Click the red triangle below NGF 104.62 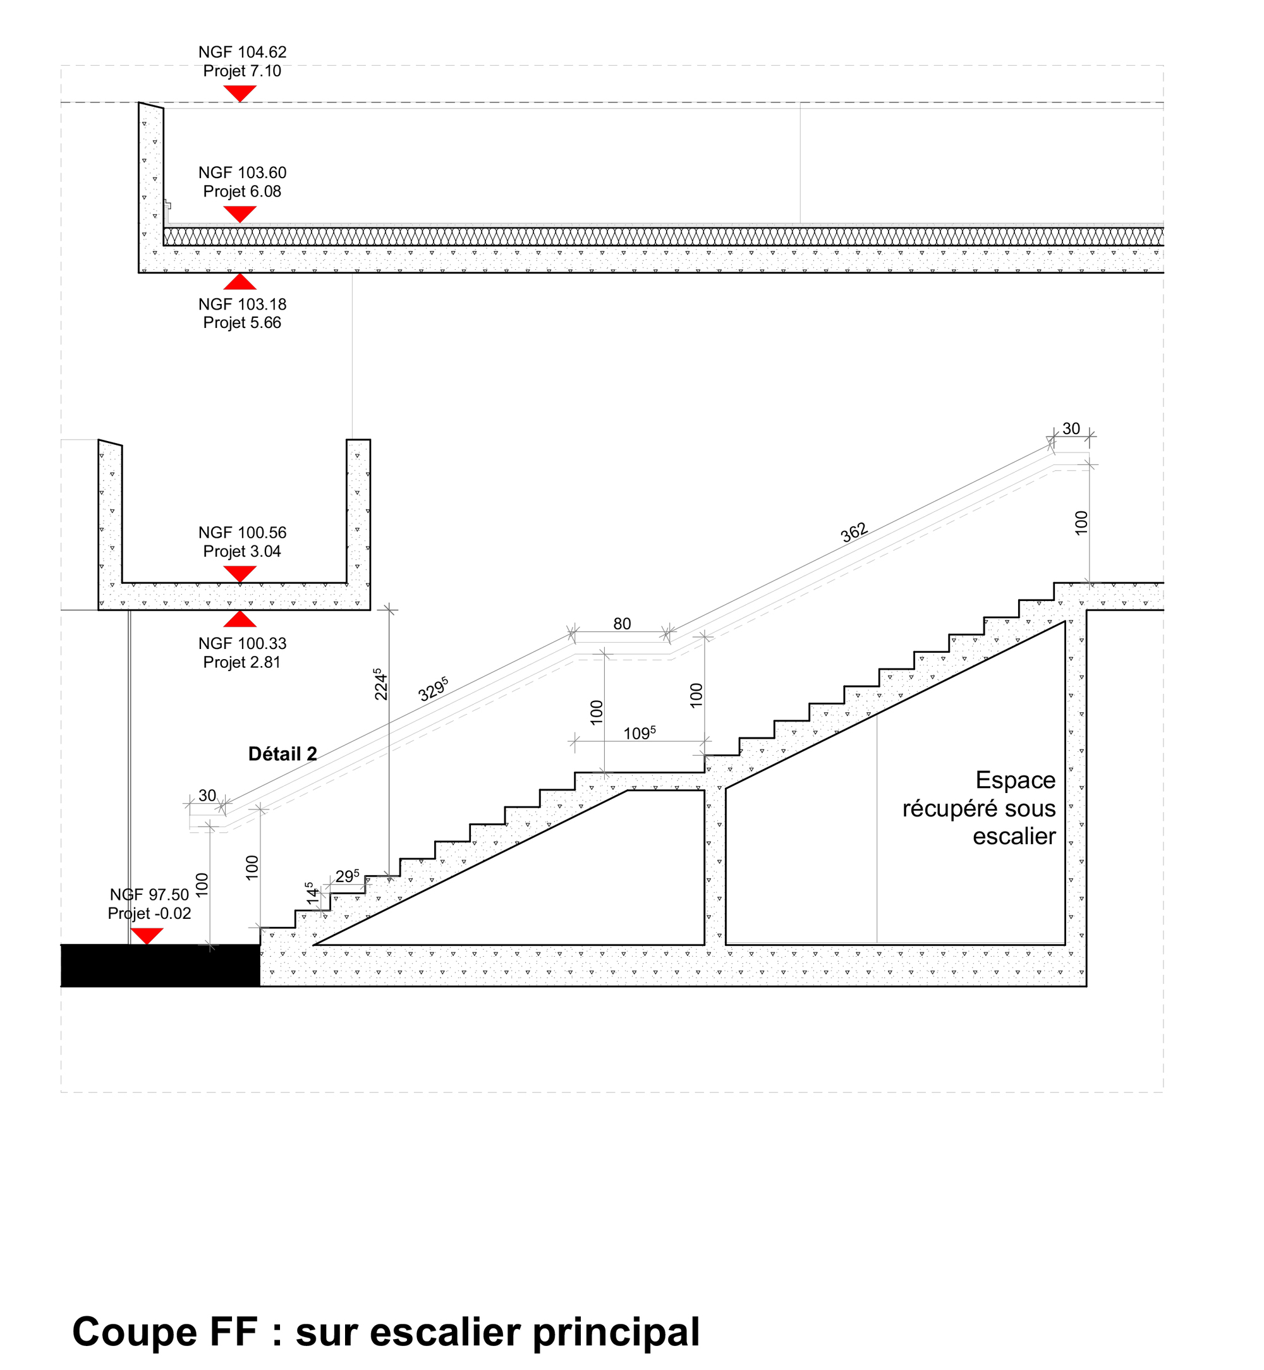click(240, 94)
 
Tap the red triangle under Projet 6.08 click(240, 214)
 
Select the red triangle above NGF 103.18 click(240, 281)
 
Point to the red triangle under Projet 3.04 click(240, 574)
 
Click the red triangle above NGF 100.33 click(240, 619)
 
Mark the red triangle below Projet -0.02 click(147, 937)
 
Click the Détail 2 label click(283, 755)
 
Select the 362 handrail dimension click(854, 532)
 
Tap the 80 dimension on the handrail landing click(622, 624)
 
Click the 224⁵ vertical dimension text click(380, 684)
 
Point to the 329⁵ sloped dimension click(433, 689)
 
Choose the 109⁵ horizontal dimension click(640, 733)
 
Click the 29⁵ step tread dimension click(348, 876)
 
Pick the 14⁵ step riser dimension click(311, 894)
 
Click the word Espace click(1016, 780)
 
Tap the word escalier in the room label click(1014, 837)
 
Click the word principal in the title click(616, 1333)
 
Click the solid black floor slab click(161, 965)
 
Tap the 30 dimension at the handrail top click(1071, 429)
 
